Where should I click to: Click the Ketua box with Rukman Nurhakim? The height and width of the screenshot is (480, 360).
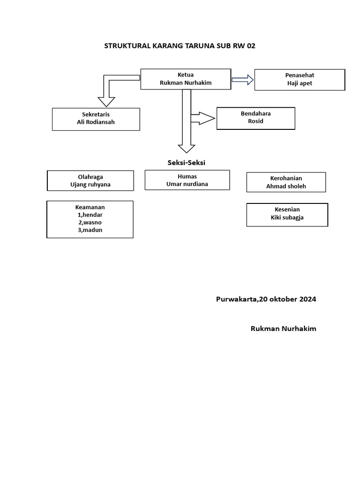click(x=186, y=79)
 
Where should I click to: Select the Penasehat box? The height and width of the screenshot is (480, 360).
click(x=300, y=80)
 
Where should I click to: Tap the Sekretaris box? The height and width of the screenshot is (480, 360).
click(x=96, y=119)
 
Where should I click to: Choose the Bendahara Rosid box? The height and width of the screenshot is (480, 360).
click(x=255, y=118)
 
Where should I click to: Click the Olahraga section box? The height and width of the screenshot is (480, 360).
click(x=90, y=180)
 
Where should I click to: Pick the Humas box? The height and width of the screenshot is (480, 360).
click(x=187, y=180)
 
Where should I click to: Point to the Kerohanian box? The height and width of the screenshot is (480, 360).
click(x=286, y=182)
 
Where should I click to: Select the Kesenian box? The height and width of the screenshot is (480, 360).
click(x=287, y=214)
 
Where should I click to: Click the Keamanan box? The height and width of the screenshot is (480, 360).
click(x=90, y=219)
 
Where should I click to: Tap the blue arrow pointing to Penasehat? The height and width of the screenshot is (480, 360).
click(x=242, y=80)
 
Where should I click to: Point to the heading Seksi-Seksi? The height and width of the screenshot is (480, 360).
click(x=187, y=163)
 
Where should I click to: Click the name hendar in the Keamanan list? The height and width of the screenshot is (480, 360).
click(x=92, y=215)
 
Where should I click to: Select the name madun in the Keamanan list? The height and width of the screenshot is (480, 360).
click(x=92, y=230)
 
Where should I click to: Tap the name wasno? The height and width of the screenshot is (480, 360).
click(x=92, y=222)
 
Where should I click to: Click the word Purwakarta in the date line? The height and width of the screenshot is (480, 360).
click(x=236, y=299)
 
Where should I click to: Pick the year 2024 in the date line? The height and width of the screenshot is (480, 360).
click(x=307, y=299)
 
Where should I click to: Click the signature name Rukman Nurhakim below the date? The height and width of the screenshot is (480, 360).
click(x=283, y=329)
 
